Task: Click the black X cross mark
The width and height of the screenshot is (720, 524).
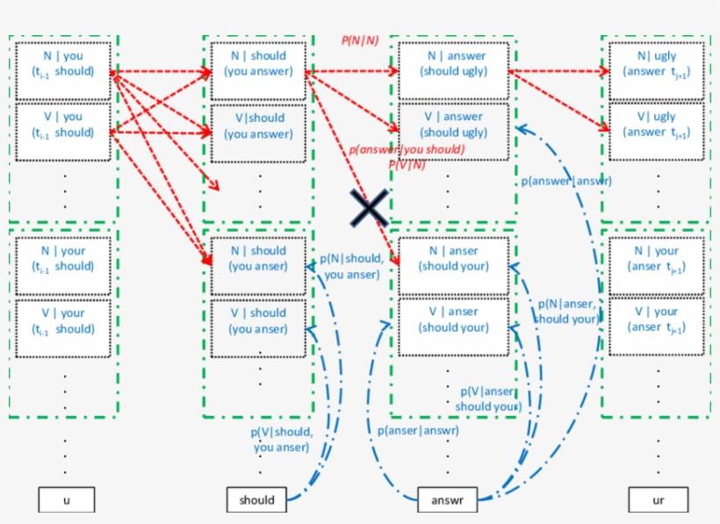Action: (369, 208)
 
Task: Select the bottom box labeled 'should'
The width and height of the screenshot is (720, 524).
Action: (256, 500)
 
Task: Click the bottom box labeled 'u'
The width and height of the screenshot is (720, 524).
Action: (67, 500)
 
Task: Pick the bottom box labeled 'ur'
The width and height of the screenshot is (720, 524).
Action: (657, 500)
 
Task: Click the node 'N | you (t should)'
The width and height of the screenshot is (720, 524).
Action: (62, 71)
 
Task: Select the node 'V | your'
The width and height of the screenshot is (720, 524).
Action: (62, 327)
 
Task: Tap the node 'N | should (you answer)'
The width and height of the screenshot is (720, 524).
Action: (258, 71)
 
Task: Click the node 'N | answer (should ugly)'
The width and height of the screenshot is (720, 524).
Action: (453, 71)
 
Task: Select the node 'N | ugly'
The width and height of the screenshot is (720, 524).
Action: (656, 71)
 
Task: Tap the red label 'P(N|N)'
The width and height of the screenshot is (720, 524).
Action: (360, 41)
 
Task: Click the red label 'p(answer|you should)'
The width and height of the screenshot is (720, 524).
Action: (407, 149)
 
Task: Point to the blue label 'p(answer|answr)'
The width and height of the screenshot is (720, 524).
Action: (565, 181)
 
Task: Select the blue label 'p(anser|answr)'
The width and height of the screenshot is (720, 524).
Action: (418, 430)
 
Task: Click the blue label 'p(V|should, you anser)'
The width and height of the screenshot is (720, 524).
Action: (281, 439)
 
